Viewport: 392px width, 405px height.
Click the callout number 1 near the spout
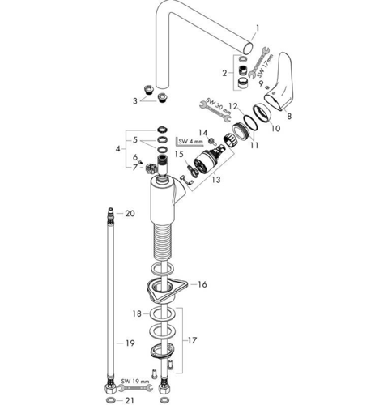258,28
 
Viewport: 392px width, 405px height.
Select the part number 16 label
202,284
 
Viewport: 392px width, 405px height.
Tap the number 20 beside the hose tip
130,213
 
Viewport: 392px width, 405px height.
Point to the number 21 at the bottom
130,400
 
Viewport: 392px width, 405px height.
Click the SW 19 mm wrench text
135,382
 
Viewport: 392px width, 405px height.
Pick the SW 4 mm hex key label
190,142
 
